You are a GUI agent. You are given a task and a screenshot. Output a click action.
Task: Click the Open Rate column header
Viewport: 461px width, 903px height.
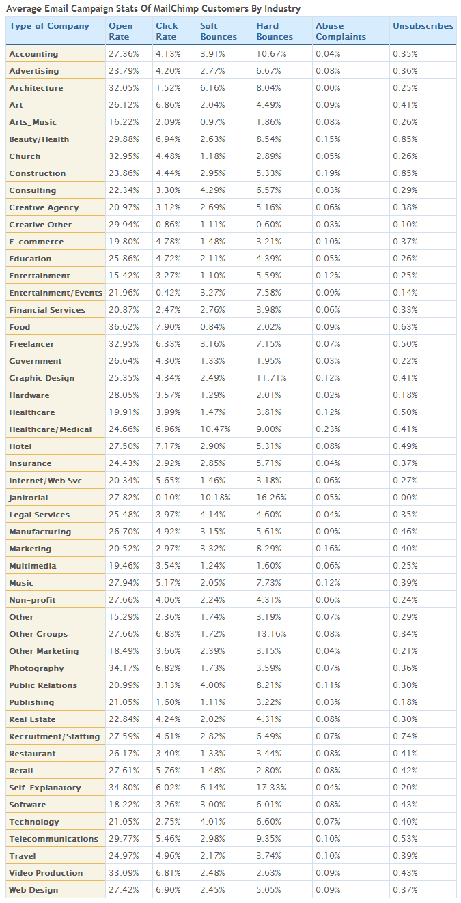[x=120, y=31]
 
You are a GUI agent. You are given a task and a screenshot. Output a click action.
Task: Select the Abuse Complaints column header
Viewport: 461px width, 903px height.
[x=340, y=31]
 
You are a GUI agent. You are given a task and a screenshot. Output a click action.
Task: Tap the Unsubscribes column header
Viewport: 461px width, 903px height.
[x=423, y=26]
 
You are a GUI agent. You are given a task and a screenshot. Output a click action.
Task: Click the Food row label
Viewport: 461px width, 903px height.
[x=20, y=327]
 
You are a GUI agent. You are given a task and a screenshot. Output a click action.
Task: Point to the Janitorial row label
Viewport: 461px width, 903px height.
[x=28, y=498]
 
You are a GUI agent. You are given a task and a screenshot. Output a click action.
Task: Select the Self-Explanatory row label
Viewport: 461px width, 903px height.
[x=45, y=788]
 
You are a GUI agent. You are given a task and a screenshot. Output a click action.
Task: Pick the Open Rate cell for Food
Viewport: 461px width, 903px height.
[x=124, y=327]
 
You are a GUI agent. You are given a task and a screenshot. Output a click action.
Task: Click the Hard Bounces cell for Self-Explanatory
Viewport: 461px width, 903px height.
[x=271, y=787]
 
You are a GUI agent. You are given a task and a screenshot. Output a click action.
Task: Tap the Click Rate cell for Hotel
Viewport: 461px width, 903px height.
[x=168, y=446]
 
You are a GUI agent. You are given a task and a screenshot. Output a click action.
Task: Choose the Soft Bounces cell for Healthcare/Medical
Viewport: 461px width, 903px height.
[x=215, y=429]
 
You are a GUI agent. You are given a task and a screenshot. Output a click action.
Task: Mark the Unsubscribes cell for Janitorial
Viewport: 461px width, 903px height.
[x=405, y=498]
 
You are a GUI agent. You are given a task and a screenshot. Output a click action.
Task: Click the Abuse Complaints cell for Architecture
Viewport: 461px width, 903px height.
[x=328, y=88]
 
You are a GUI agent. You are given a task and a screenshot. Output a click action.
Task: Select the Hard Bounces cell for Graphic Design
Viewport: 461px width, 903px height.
[x=271, y=378]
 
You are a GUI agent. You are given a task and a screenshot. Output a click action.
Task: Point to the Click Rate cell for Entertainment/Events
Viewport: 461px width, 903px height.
[x=168, y=293]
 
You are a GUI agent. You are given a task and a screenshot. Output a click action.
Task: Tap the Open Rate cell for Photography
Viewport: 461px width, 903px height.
[x=124, y=668]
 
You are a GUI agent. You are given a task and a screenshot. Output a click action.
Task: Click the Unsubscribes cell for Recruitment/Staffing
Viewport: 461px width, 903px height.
[x=405, y=736]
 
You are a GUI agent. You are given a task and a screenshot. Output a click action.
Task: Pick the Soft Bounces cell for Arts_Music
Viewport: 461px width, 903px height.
[x=212, y=122]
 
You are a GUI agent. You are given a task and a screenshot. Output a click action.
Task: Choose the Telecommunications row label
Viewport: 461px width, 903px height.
[x=54, y=838]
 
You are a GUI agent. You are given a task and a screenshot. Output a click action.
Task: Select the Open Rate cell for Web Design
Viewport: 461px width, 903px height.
[x=124, y=890]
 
